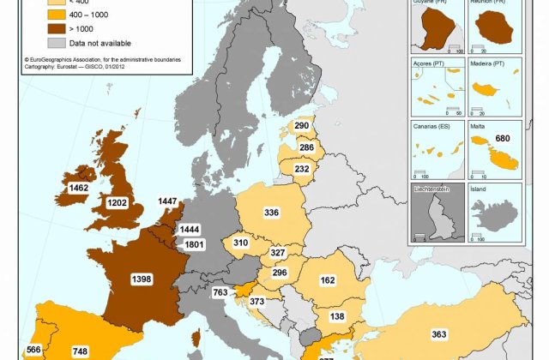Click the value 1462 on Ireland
point(79,186)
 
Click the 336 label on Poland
point(271,213)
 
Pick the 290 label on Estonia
point(301,126)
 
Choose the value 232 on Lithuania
point(301,170)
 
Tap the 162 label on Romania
point(351,279)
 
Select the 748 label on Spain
point(80,351)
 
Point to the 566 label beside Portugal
point(33,350)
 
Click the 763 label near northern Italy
point(220,293)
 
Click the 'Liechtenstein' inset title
point(435,187)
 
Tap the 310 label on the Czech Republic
point(240,243)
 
